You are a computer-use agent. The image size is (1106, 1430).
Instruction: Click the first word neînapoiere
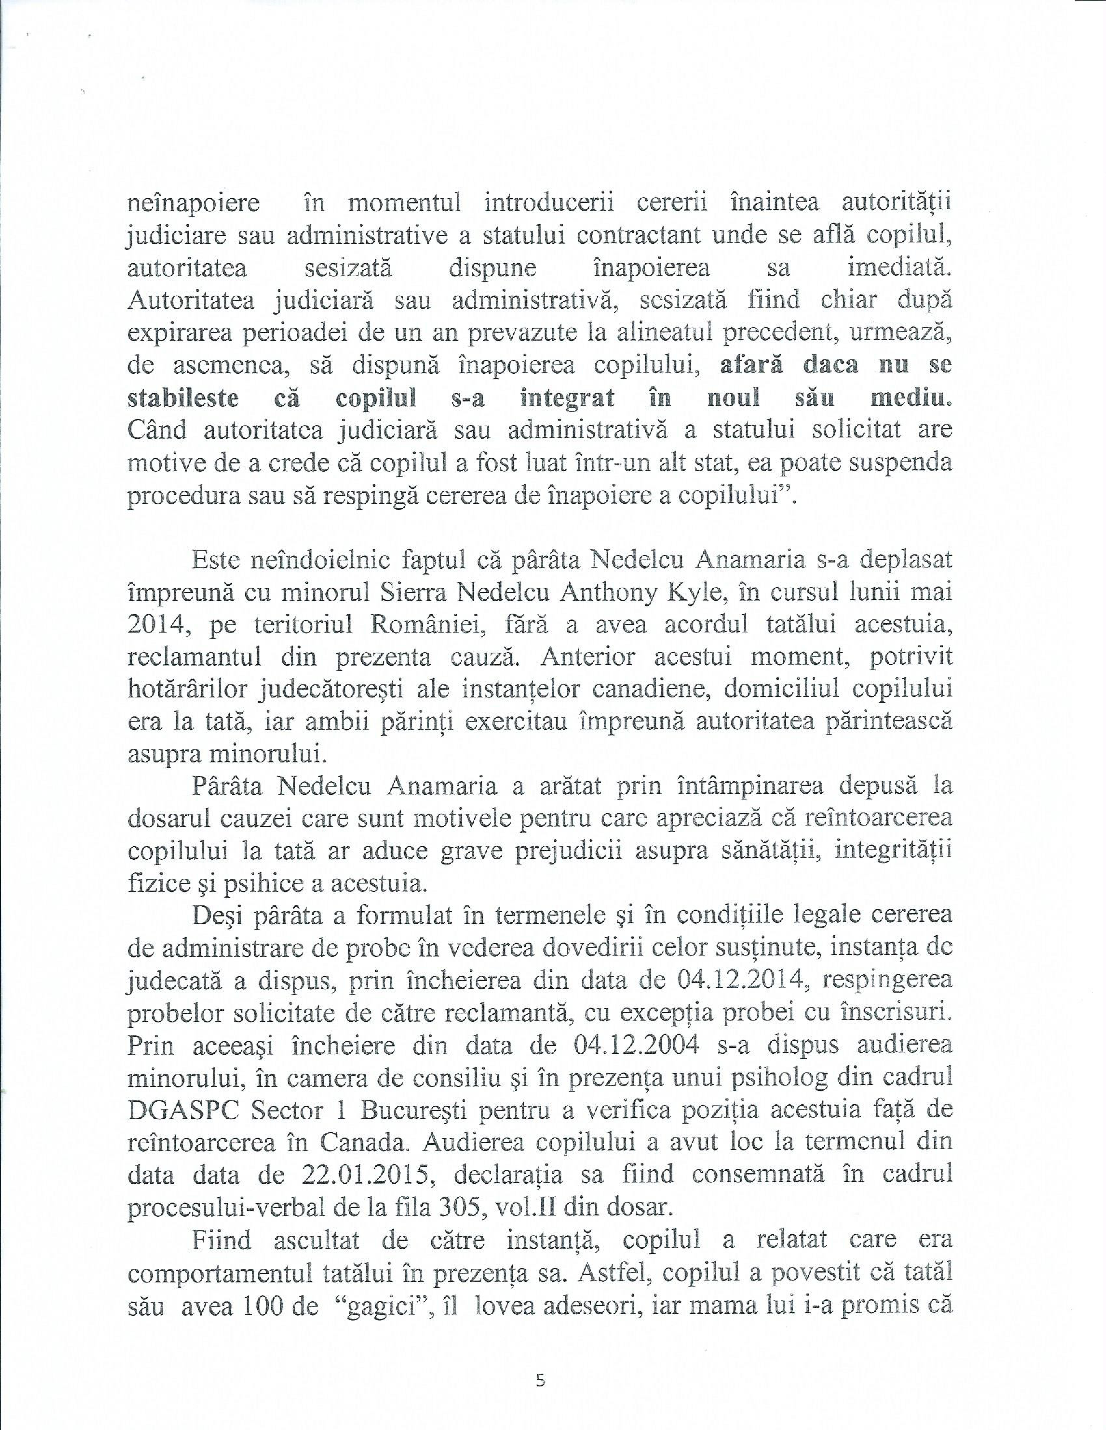pos(193,204)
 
